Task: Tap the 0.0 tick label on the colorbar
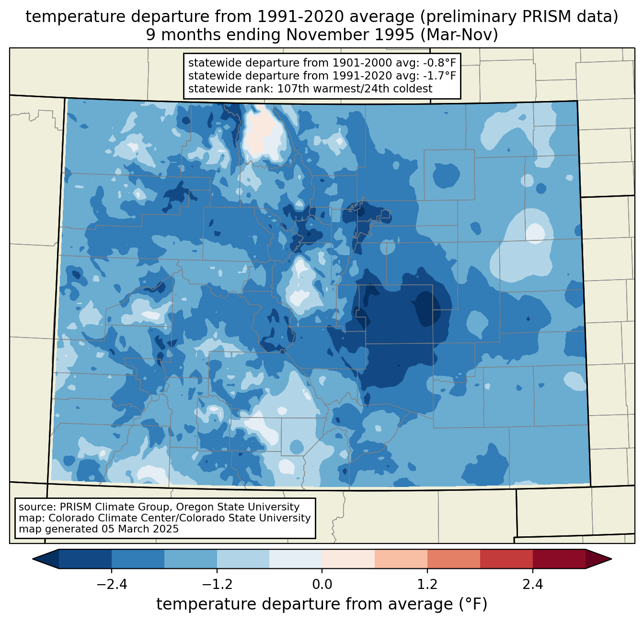322,585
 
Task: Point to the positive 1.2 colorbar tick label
427,585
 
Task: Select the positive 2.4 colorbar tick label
532,585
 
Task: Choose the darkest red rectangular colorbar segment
559,559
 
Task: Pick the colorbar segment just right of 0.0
348,559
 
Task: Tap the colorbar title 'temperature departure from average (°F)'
322,604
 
